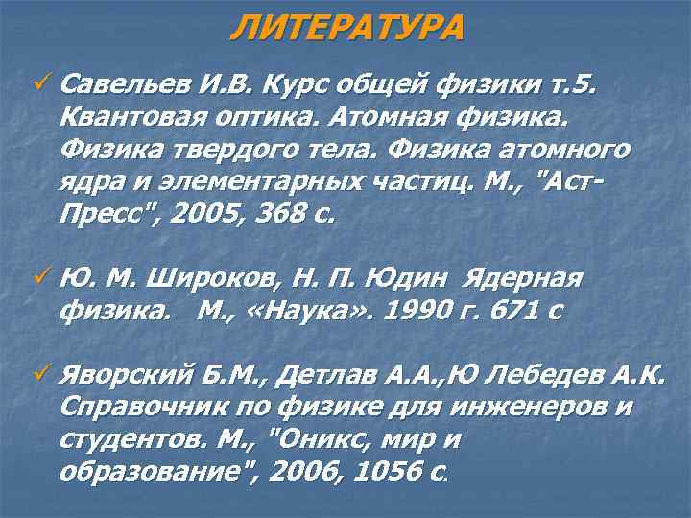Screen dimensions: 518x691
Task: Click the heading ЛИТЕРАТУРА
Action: (346, 26)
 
